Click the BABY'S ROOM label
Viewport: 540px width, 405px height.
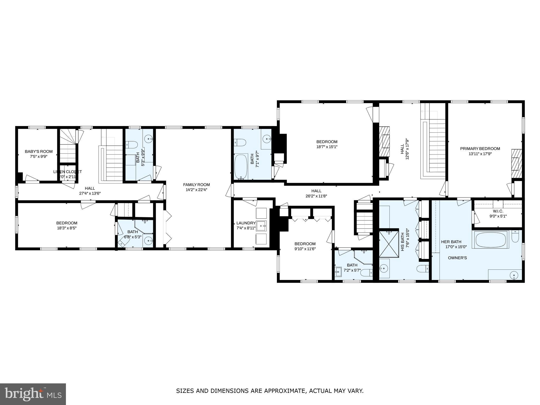pos(38,151)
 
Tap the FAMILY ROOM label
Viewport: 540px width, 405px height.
pos(196,185)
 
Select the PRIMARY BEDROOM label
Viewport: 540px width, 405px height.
pos(480,148)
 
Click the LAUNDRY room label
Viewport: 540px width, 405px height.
pos(246,223)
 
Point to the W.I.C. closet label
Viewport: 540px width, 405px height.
pos(498,211)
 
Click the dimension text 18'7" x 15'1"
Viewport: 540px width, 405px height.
pos(327,147)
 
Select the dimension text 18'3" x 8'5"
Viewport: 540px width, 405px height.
pos(67,228)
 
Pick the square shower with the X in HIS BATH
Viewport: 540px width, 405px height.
pos(389,244)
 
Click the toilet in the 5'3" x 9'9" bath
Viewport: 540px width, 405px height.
pos(132,144)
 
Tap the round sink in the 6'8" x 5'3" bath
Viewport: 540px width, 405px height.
pos(149,240)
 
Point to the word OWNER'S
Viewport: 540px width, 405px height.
pos(457,258)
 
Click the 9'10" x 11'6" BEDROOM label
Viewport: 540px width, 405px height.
pos(305,244)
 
